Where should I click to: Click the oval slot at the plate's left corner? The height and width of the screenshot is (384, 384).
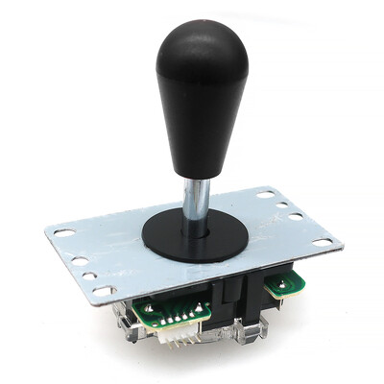point(62,232)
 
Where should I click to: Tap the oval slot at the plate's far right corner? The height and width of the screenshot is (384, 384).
point(322,242)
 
